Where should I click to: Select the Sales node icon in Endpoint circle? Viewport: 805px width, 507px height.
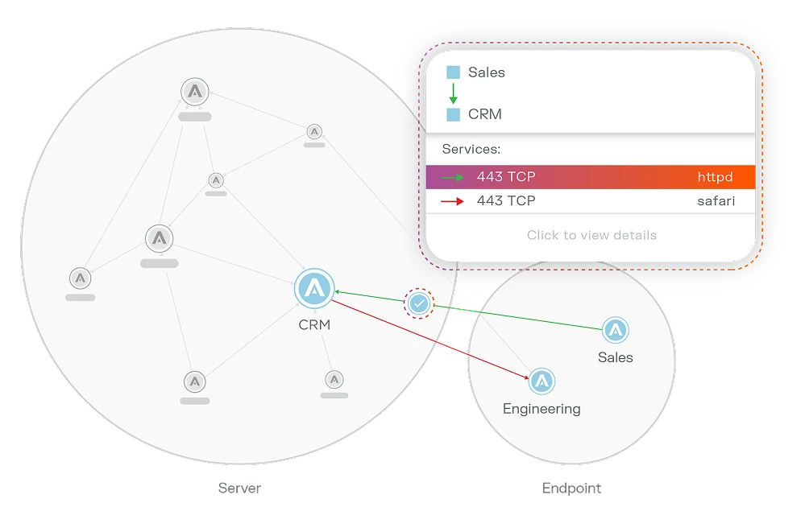tap(616, 330)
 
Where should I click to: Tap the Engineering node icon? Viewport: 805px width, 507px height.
tap(542, 381)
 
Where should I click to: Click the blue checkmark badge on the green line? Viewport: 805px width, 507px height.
tap(418, 303)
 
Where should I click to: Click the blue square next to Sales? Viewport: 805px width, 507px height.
tap(454, 72)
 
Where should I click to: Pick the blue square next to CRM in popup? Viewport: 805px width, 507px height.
tap(454, 114)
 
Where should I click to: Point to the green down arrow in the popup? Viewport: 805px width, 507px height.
tap(454, 93)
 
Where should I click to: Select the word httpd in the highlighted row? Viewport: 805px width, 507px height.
tap(716, 177)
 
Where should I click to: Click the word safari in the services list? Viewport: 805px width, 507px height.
tap(716, 201)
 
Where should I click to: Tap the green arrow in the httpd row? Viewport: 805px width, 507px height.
tap(453, 177)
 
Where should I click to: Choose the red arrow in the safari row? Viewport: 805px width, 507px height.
tap(453, 201)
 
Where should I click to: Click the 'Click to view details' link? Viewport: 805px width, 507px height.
tap(591, 235)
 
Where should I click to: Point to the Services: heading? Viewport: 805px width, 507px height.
tap(471, 149)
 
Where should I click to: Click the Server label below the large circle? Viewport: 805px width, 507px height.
tap(240, 488)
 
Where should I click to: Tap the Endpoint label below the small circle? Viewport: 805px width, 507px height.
tap(571, 488)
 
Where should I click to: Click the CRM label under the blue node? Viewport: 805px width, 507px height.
tap(314, 325)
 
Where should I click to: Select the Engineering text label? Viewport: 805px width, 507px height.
tap(542, 409)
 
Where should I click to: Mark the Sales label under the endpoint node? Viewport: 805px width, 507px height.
tap(616, 357)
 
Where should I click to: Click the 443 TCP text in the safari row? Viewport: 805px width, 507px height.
tap(506, 201)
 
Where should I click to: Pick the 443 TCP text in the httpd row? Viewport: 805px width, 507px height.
tap(506, 177)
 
